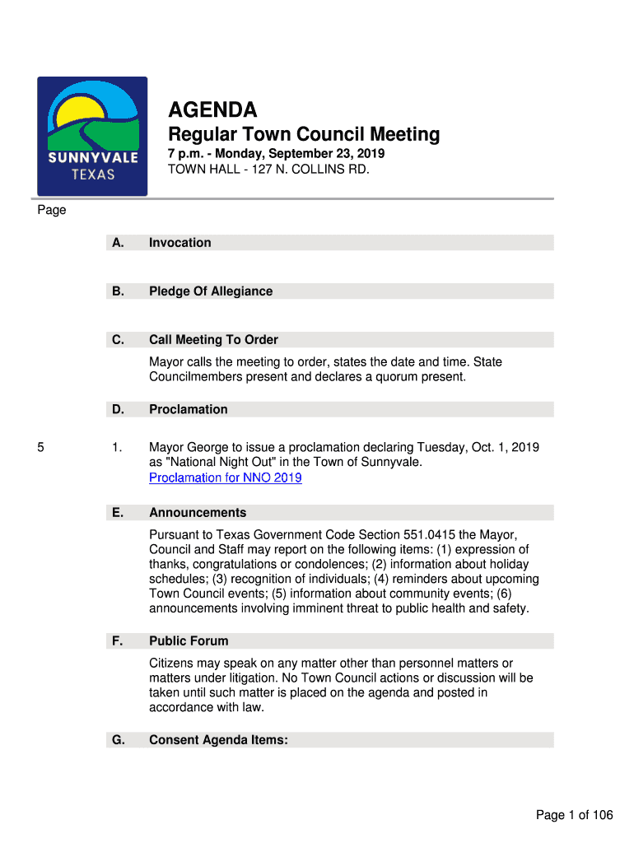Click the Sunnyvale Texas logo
[92, 136]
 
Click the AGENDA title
[212, 110]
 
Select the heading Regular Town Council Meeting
[304, 134]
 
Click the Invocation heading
[179, 243]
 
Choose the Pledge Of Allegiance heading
[211, 291]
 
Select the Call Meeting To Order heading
[213, 340]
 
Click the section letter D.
[119, 409]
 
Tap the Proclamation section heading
[189, 409]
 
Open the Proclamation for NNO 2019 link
[225, 478]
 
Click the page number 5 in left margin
[40, 448]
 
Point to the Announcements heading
[198, 513]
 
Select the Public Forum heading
[189, 641]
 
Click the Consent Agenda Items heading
[218, 740]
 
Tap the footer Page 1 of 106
[574, 815]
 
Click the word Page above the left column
[51, 210]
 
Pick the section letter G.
[119, 740]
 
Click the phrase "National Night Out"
[215, 463]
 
